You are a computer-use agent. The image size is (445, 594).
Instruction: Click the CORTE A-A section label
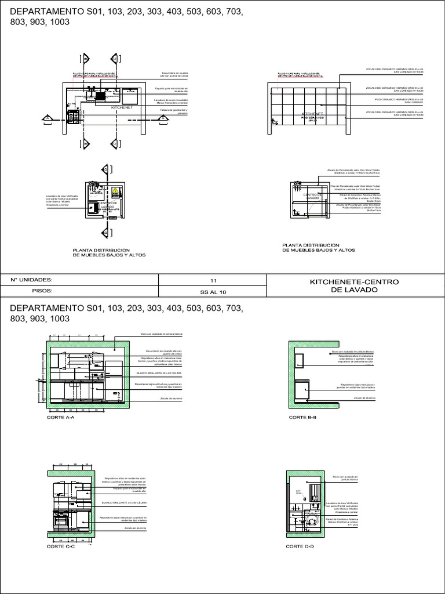coord(60,417)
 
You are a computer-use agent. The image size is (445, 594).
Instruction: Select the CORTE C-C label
coord(60,546)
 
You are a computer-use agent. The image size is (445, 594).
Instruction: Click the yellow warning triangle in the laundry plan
coord(115,190)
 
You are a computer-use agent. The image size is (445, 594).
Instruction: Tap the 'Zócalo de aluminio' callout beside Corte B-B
coord(365,399)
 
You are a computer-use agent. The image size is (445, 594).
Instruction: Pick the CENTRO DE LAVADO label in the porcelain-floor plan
coord(312,197)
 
